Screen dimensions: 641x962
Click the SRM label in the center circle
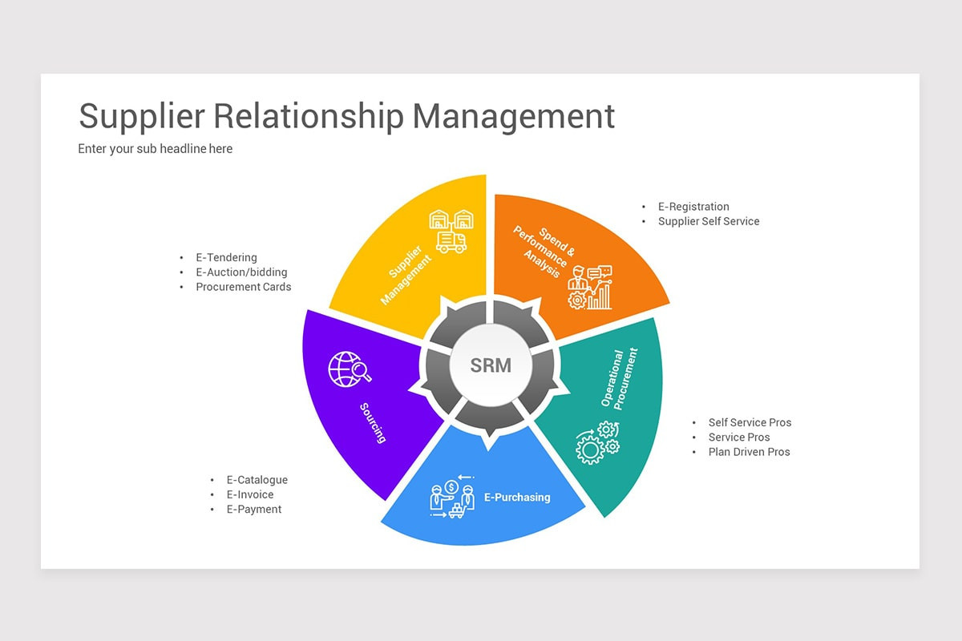tap(490, 365)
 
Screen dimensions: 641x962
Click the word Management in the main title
tap(513, 116)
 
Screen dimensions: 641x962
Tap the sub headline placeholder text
tap(155, 149)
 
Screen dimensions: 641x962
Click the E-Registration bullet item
tap(693, 207)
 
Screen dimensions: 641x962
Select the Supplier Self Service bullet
tap(708, 221)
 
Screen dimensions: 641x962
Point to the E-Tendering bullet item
tap(226, 258)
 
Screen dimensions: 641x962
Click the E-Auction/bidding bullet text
tap(241, 272)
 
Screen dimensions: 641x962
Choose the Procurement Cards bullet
tap(243, 287)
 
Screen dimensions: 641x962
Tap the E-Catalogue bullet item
tap(257, 480)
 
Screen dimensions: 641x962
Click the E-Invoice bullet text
tap(249, 494)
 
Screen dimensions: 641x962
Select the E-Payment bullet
tap(253, 509)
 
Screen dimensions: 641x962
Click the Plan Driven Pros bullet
tap(749, 452)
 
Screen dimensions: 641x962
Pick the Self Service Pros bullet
tap(750, 422)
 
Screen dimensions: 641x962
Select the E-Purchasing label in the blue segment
tap(517, 498)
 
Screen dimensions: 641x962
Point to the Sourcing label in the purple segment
tap(374, 422)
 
